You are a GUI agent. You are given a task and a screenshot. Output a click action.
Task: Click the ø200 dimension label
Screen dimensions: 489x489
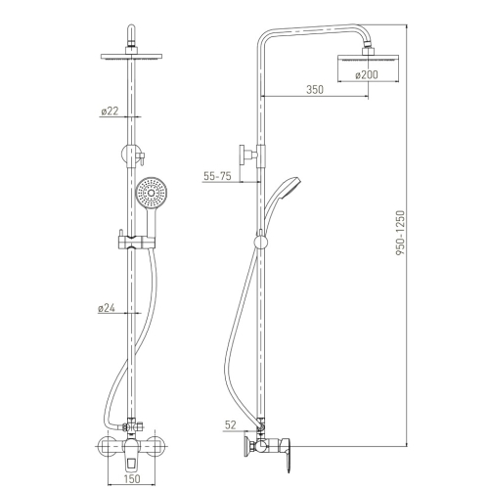pyautogui.click(x=367, y=75)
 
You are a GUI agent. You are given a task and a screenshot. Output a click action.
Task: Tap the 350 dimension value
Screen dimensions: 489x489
pyautogui.click(x=315, y=89)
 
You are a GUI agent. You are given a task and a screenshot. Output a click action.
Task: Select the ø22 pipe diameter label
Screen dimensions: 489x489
pyautogui.click(x=110, y=111)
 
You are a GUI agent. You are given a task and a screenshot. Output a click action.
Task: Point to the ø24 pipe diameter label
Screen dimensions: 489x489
pyautogui.click(x=107, y=308)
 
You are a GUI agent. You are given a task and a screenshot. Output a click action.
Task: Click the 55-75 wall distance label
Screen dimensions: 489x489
pyautogui.click(x=217, y=176)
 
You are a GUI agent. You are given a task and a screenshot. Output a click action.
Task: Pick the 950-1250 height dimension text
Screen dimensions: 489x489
pyautogui.click(x=400, y=233)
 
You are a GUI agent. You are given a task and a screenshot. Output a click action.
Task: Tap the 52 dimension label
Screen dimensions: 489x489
pyautogui.click(x=230, y=424)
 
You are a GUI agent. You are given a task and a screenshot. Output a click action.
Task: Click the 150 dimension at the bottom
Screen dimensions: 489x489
pyautogui.click(x=132, y=478)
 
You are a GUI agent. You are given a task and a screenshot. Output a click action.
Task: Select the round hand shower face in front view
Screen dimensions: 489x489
pyautogui.click(x=152, y=193)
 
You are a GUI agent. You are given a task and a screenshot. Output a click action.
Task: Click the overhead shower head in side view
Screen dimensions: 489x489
pyautogui.click(x=369, y=58)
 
